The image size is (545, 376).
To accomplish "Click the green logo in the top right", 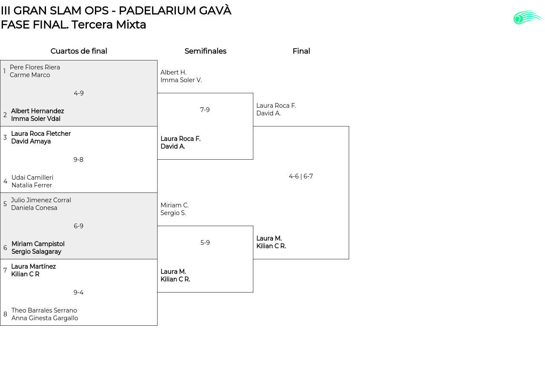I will (x=527, y=17).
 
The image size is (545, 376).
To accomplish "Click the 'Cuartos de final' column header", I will (x=79, y=51).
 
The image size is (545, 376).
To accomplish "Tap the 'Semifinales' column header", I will (x=205, y=51).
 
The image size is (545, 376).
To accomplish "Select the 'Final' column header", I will (x=301, y=51).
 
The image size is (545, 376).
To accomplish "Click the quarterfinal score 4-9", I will (x=79, y=93).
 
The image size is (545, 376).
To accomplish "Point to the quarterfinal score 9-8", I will (x=78, y=160).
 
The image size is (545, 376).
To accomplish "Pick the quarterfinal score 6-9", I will (x=78, y=226).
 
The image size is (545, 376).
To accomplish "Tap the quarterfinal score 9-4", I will (x=78, y=293).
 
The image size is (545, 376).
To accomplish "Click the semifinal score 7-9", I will (x=205, y=110).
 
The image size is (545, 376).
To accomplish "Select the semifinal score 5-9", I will (x=205, y=243).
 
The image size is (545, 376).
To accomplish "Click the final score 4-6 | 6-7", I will (x=301, y=176).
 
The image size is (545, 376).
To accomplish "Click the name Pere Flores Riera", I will (x=35, y=67).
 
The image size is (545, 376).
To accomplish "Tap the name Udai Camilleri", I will (x=32, y=178).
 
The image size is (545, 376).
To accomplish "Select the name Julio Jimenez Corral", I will (x=41, y=200).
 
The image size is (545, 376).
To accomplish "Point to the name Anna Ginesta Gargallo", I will (x=45, y=318).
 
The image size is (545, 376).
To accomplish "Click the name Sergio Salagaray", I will (x=36, y=252).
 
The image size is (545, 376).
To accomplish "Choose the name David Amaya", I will (x=31, y=141).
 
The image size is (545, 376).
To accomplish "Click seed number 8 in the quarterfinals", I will (x=5, y=314).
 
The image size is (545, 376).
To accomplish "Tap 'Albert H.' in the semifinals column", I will (x=173, y=72).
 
